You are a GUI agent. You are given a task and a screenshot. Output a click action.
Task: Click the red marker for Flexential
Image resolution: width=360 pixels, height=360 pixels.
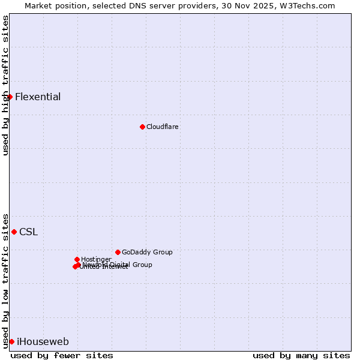[10, 97]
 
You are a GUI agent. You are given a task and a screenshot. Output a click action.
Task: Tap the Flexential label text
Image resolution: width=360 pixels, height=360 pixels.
[38, 97]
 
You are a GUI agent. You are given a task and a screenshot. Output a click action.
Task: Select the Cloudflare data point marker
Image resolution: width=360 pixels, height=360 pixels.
[142, 127]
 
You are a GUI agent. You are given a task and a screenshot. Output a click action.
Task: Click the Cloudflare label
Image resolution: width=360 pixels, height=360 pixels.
[163, 127]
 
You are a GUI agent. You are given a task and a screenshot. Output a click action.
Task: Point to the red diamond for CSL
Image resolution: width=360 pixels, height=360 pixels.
[14, 232]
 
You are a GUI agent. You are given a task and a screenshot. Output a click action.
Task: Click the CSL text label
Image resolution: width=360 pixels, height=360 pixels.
[28, 232]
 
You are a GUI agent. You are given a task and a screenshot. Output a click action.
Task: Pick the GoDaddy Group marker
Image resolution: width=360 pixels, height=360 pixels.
[118, 252]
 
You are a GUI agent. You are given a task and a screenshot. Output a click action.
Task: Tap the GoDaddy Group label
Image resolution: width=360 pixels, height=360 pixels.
[147, 253]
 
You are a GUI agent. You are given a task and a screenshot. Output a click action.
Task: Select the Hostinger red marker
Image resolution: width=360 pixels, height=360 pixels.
[77, 259]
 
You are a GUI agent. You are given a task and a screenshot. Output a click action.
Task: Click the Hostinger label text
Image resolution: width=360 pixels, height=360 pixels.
[96, 259]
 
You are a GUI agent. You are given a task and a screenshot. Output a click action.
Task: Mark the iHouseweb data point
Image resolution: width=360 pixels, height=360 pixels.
[11, 341]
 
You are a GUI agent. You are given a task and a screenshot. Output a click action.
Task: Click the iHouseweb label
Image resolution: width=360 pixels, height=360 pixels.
[43, 342]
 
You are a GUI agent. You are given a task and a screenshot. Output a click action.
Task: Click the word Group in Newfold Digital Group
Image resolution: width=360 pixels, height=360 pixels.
[142, 265]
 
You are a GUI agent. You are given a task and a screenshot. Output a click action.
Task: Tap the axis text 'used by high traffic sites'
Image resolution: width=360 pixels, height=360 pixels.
[5, 85]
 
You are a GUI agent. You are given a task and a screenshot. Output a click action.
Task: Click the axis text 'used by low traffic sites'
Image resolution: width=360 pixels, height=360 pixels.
[5, 280]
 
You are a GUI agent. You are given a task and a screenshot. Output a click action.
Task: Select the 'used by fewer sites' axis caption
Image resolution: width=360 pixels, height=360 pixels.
[62, 355]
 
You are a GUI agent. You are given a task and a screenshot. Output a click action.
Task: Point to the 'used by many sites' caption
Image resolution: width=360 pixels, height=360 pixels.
[301, 355]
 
